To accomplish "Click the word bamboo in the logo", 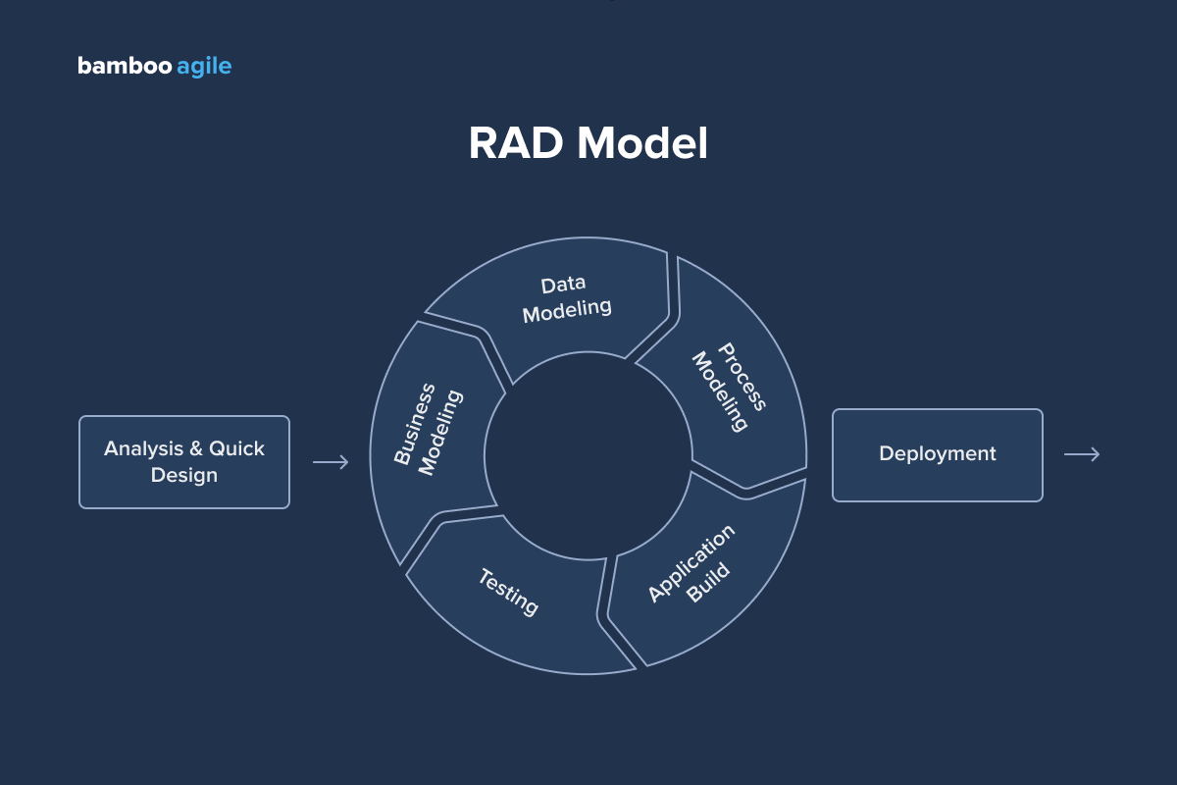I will pyautogui.click(x=124, y=67).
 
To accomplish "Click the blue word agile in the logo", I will pyautogui.click(x=204, y=67).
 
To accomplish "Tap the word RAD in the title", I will pyautogui.click(x=516, y=143).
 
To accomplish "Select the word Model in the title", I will pyautogui.click(x=641, y=143).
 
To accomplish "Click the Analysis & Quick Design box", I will pyautogui.click(x=184, y=462).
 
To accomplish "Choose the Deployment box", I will pyautogui.click(x=937, y=454).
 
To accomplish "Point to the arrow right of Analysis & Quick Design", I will pyautogui.click(x=331, y=462).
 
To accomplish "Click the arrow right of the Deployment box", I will pyautogui.click(x=1082, y=453).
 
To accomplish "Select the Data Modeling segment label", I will pyautogui.click(x=566, y=297).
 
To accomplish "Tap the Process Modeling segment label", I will pyautogui.click(x=729, y=388).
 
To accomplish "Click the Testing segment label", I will pyautogui.click(x=508, y=592).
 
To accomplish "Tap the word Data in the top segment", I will pyautogui.click(x=563, y=285).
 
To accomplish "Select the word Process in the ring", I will pyautogui.click(x=742, y=377).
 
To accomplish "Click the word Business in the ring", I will pyautogui.click(x=415, y=425).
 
